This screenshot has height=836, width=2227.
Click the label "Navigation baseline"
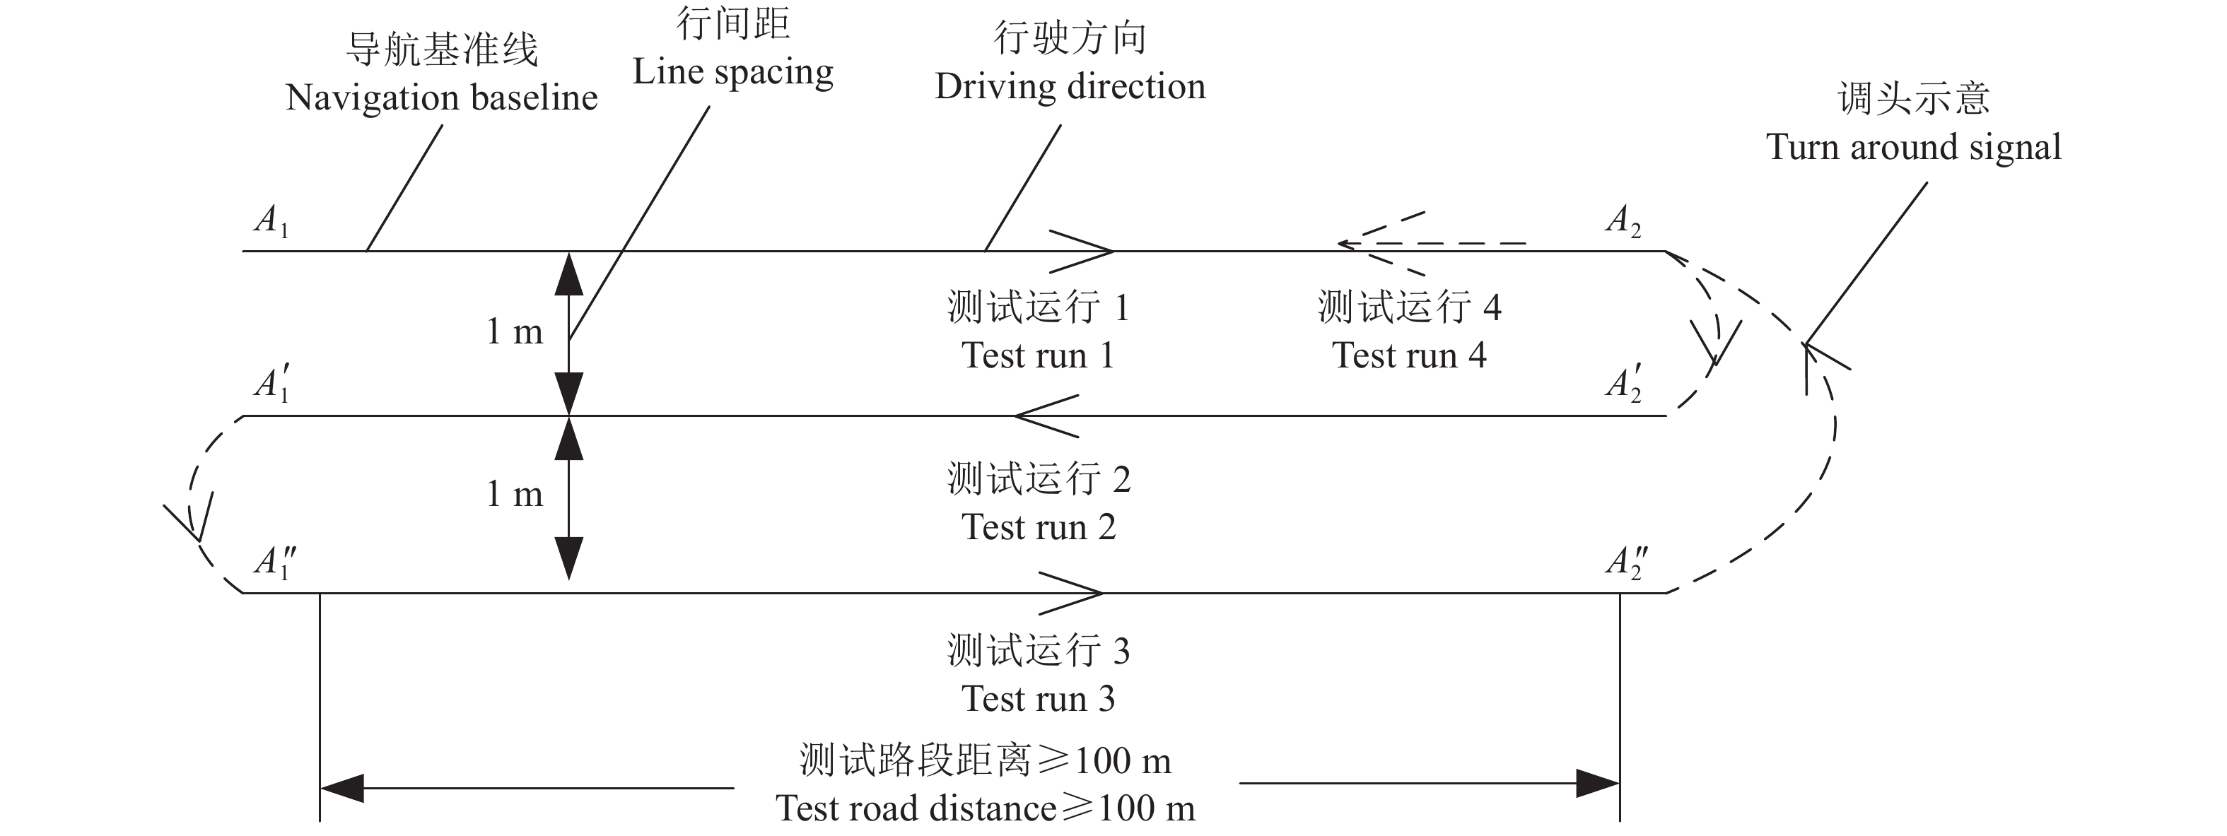[x=441, y=98]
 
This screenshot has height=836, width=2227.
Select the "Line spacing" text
[x=732, y=73]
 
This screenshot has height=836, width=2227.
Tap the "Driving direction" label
[x=1070, y=86]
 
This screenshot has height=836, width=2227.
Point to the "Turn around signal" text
[x=1913, y=147]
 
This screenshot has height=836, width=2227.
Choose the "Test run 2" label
[x=1039, y=526]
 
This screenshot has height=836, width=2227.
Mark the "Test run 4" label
[x=1408, y=355]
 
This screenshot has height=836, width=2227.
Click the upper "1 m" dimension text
[x=515, y=331]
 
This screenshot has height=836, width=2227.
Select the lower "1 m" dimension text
[x=515, y=494]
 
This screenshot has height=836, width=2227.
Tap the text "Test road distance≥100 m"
[x=985, y=808]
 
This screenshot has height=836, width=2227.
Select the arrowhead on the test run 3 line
[x=1081, y=593]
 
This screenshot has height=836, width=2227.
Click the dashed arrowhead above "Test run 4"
[x=1362, y=244]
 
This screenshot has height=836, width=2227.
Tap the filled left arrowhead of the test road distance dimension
[x=342, y=787]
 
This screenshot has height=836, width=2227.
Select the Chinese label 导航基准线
[x=441, y=49]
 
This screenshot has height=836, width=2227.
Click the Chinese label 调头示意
[x=1913, y=98]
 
